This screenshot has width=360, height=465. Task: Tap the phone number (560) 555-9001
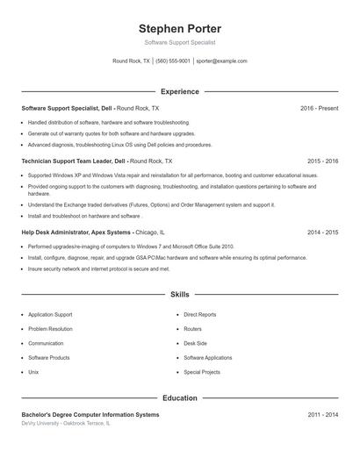(x=173, y=61)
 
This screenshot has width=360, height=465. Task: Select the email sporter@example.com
(x=222, y=61)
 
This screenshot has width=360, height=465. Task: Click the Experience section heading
(x=180, y=91)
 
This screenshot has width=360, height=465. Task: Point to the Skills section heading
(x=180, y=295)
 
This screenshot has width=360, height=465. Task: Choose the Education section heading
(x=180, y=398)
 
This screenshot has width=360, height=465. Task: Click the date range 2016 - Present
(x=319, y=108)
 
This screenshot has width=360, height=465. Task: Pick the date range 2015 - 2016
(x=322, y=161)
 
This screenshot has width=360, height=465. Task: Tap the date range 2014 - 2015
(x=322, y=232)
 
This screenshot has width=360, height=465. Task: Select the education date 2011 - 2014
(x=322, y=414)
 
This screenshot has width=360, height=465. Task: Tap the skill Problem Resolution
(x=51, y=329)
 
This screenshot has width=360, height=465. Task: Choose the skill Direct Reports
(x=200, y=314)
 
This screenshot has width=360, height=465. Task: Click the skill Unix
(x=33, y=372)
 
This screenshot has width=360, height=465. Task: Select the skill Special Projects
(x=202, y=372)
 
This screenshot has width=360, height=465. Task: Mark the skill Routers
(x=193, y=329)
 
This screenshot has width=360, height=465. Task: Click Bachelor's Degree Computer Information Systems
(x=90, y=414)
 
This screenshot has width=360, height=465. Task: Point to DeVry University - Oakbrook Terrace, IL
(x=66, y=423)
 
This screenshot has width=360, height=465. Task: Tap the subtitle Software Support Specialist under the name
(x=180, y=42)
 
